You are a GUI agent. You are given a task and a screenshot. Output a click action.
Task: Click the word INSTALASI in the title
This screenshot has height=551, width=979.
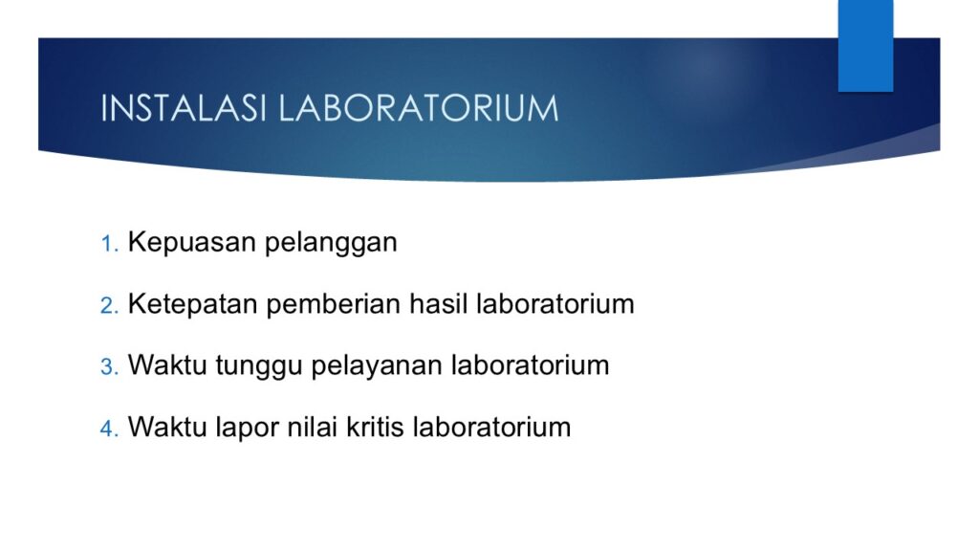pyautogui.click(x=184, y=108)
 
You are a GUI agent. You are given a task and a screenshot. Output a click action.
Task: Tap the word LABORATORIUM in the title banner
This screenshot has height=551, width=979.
pyautogui.click(x=419, y=108)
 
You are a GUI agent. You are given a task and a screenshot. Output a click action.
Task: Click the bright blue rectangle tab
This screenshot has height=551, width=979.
pyautogui.click(x=865, y=46)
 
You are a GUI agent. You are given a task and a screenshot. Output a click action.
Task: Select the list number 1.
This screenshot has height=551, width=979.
pyautogui.click(x=109, y=244)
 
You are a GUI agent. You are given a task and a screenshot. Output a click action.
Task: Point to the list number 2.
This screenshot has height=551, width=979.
pyautogui.click(x=109, y=305)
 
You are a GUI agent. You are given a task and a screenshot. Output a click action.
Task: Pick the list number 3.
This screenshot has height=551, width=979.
pyautogui.click(x=109, y=366)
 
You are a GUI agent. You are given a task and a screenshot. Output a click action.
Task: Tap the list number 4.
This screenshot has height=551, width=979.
pyautogui.click(x=109, y=429)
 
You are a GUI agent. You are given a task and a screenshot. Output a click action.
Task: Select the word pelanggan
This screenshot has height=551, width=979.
pyautogui.click(x=331, y=243)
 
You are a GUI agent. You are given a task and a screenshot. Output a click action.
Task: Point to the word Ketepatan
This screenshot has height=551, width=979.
pyautogui.click(x=193, y=304)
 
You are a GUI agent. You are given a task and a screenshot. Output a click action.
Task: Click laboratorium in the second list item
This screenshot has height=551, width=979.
pyautogui.click(x=555, y=304)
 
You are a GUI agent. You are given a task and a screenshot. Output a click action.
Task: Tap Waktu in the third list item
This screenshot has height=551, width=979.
pyautogui.click(x=167, y=365)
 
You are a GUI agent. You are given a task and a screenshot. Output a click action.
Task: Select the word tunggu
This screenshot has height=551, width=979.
pyautogui.click(x=259, y=366)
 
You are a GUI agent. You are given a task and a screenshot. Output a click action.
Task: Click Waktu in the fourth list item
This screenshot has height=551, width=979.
pyautogui.click(x=167, y=428)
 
